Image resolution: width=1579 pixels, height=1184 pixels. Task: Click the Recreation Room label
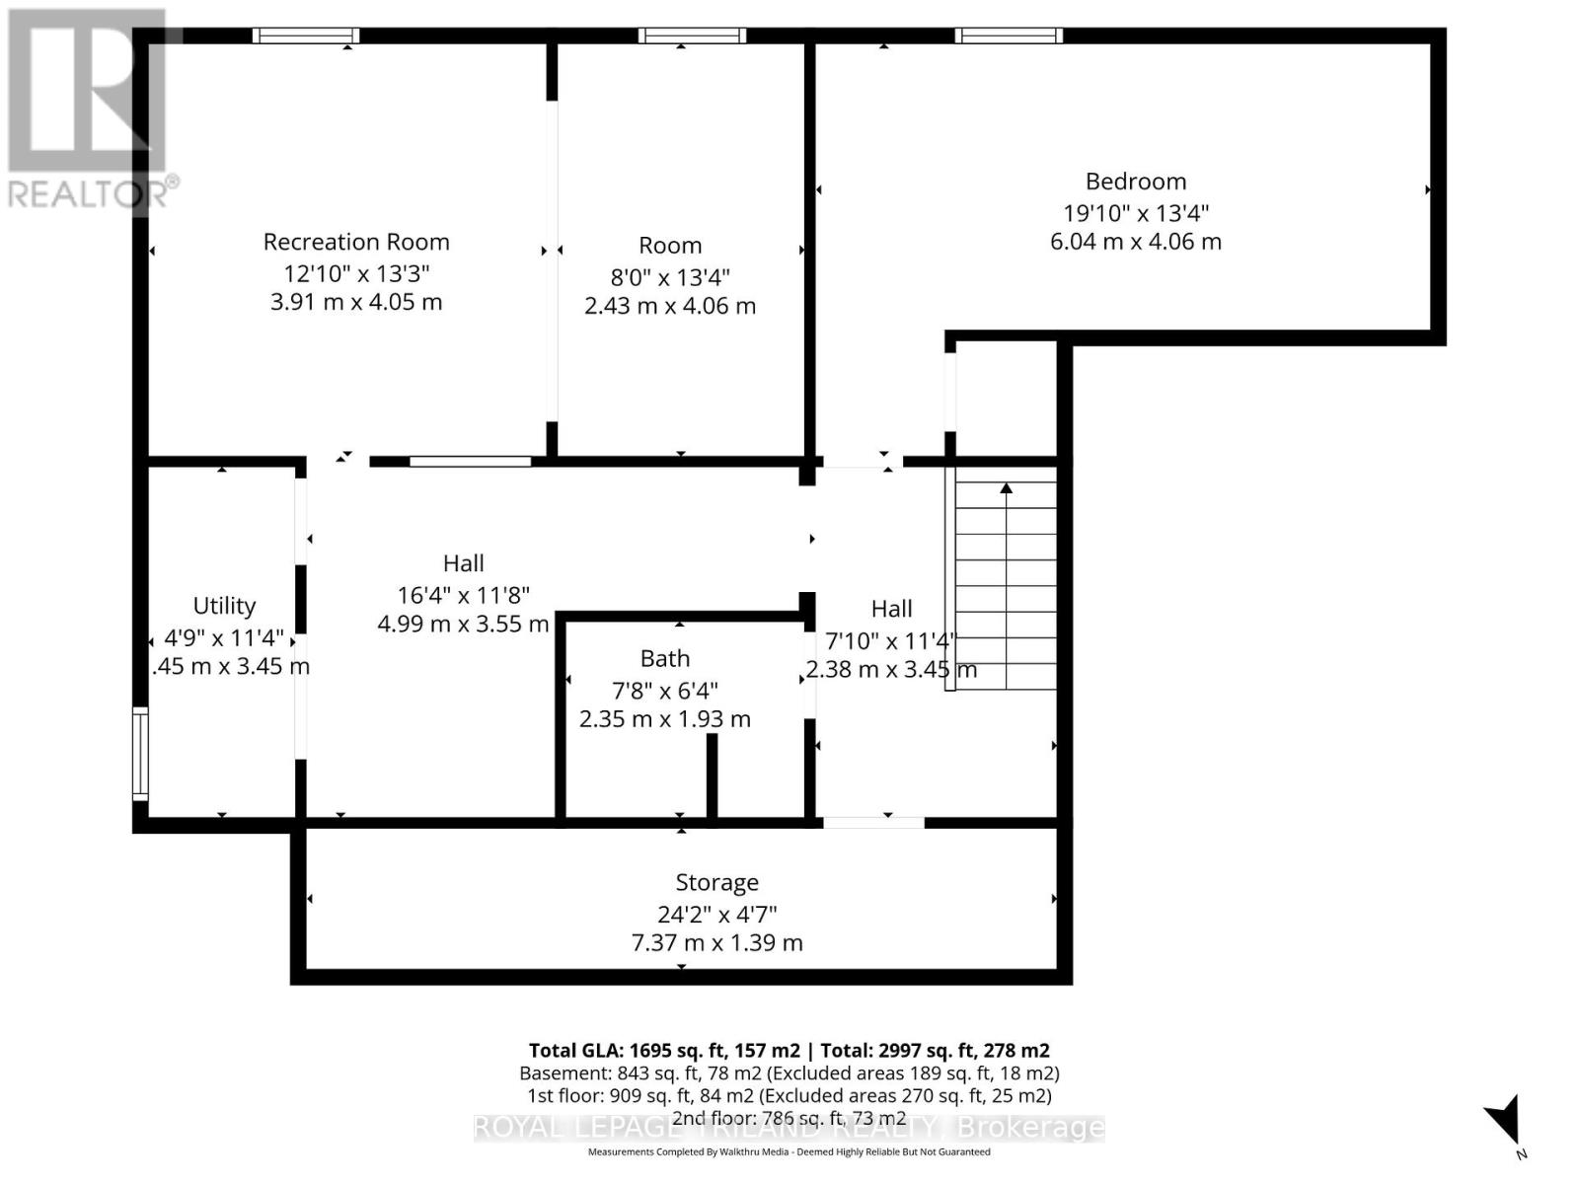pos(356,242)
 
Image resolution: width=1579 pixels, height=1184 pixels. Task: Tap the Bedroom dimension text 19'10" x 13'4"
pos(1135,212)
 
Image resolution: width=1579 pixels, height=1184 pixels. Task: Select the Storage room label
pos(716,882)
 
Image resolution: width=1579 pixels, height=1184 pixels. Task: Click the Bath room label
pos(664,658)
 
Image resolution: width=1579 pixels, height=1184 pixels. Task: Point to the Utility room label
pos(224,606)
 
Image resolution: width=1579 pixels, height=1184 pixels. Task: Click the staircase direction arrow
pos(1006,488)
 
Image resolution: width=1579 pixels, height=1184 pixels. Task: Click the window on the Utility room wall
pos(140,754)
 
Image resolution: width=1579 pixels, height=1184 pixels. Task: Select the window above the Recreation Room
pos(306,37)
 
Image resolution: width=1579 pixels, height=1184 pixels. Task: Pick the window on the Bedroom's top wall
pos(1009,37)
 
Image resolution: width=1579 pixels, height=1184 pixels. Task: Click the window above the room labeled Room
pos(692,37)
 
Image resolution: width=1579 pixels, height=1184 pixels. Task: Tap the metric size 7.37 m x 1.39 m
pos(716,943)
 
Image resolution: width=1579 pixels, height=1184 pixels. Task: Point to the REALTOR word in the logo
pos(85,194)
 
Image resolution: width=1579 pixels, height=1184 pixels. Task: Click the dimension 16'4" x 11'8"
pos(463,595)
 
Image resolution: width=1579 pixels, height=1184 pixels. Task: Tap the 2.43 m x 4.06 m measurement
pos(670,306)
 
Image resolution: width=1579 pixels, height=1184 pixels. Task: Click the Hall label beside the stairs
pos(891,609)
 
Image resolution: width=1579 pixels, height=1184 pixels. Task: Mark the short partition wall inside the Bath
pos(712,776)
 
